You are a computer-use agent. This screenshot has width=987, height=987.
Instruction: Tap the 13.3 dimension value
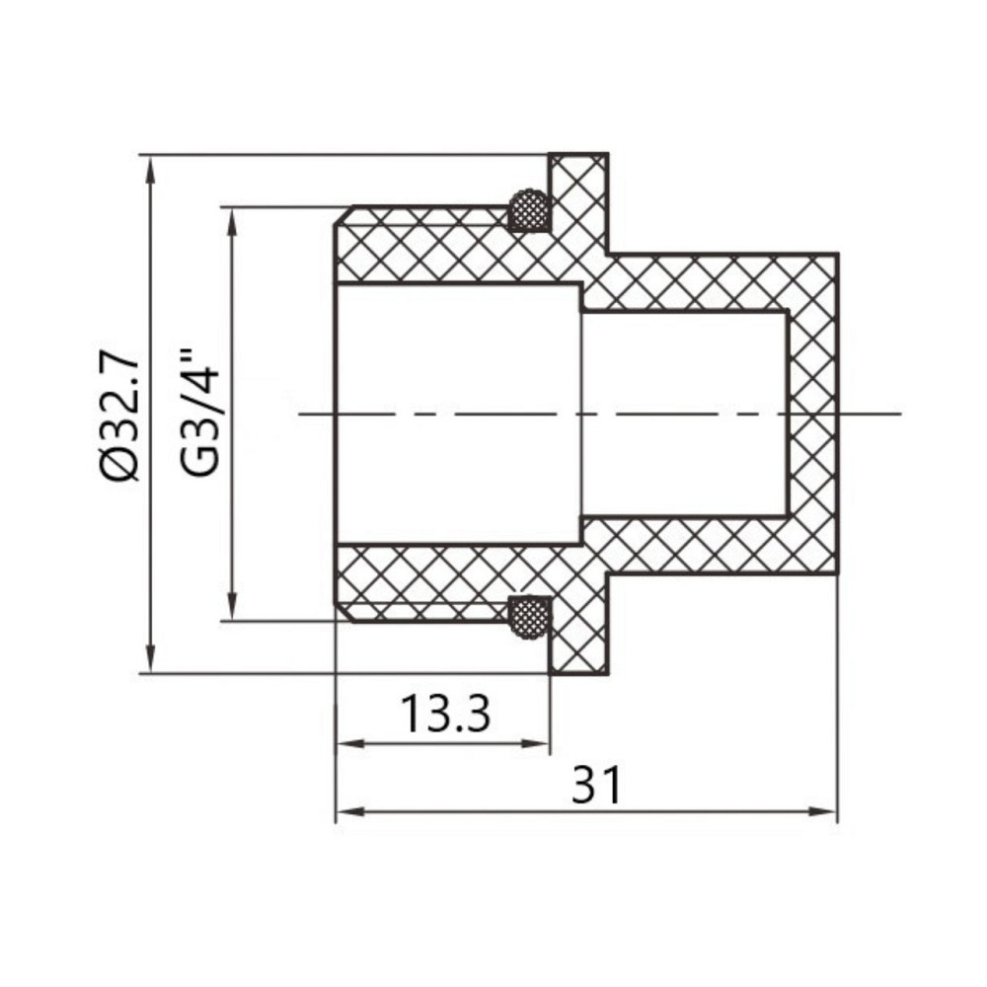[445, 714]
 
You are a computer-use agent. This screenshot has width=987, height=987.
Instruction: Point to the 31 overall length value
[596, 787]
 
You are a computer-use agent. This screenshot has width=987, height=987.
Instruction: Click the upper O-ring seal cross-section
[528, 210]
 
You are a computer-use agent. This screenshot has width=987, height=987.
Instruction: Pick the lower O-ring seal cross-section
[528, 616]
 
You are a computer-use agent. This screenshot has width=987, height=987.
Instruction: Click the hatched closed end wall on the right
[812, 415]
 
